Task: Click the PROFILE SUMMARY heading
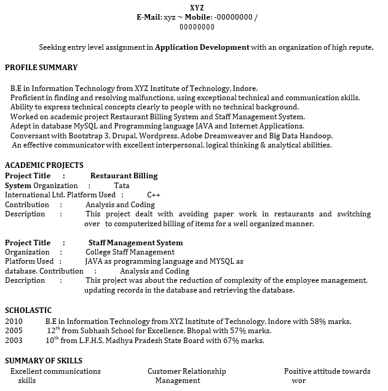point(41,67)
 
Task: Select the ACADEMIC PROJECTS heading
point(44,165)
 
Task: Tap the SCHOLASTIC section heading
point(28,310)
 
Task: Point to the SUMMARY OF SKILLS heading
point(44,361)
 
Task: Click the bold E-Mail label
point(149,17)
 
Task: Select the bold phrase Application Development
point(202,47)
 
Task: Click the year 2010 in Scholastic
point(14,321)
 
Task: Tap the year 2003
point(14,341)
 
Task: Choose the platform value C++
point(154,195)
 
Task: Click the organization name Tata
point(122,185)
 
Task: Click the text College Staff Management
point(130,252)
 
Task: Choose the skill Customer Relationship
point(186,371)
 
